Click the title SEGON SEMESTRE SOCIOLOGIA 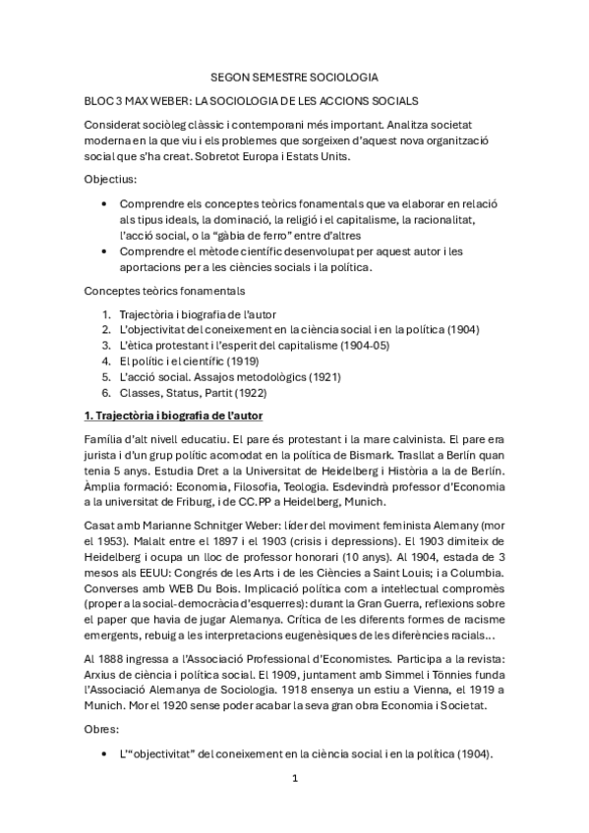coord(294,76)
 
